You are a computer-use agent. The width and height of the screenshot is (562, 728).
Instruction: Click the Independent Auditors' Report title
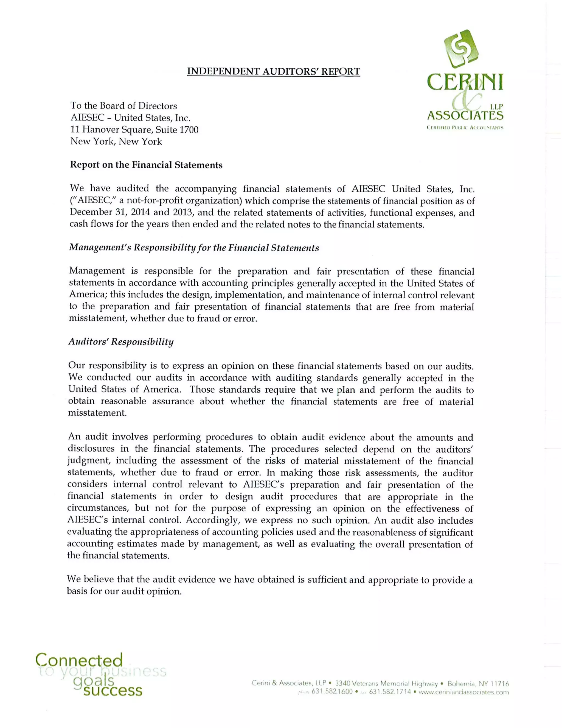pyautogui.click(x=273, y=71)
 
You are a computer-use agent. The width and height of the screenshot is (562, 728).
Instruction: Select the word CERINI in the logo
pyautogui.click(x=465, y=82)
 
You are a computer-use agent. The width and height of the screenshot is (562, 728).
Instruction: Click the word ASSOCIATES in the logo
pyautogui.click(x=465, y=116)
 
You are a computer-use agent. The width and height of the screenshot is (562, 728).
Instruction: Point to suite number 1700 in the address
pyautogui.click(x=189, y=130)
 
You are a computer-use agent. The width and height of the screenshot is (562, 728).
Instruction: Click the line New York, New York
pyautogui.click(x=116, y=142)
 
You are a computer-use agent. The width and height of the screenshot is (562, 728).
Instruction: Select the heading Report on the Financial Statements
pyautogui.click(x=146, y=165)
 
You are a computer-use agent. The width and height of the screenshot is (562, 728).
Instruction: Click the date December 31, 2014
pyautogui.click(x=108, y=212)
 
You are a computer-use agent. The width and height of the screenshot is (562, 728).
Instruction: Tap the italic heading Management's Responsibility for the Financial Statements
pyautogui.click(x=194, y=248)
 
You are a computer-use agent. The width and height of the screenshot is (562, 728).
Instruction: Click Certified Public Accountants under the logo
pyautogui.click(x=465, y=128)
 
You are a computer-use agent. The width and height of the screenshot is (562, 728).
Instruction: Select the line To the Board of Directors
pyautogui.click(x=123, y=106)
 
